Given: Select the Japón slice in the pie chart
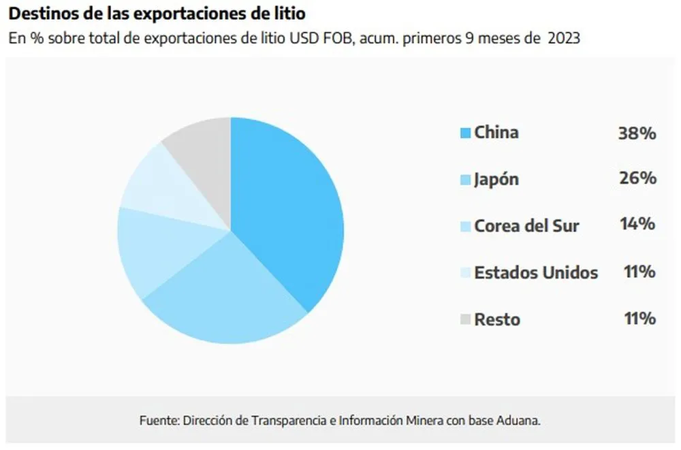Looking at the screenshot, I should click(225, 300).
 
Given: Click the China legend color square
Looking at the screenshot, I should click(466, 133).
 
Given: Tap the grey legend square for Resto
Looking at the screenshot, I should click(466, 319).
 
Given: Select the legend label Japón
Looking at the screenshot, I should click(496, 180).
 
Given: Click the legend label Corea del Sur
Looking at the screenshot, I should click(526, 225).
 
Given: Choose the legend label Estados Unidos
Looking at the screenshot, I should click(536, 273).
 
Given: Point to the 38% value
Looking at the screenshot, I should click(637, 133).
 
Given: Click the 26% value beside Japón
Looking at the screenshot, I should click(637, 179).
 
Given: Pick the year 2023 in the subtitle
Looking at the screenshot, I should click(565, 38).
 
